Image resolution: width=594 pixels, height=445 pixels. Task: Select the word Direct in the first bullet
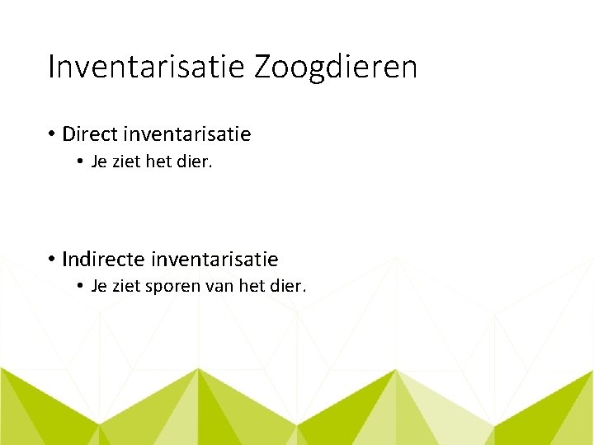(91, 133)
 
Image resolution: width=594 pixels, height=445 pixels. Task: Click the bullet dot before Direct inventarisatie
(51, 133)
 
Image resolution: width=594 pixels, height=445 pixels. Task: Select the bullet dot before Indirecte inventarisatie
(51, 260)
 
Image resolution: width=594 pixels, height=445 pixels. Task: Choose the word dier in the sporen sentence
(289, 287)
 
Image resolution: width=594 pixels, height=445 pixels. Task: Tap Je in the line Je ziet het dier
(98, 162)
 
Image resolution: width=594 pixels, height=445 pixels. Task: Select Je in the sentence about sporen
(98, 287)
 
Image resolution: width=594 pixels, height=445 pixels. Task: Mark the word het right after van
(252, 287)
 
